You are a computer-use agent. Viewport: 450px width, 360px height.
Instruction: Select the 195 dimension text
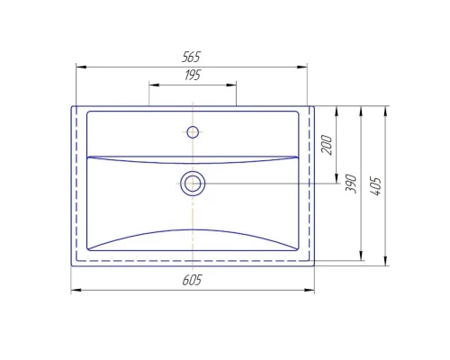tap(193, 76)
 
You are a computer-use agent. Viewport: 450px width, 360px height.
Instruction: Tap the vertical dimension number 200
tap(328, 144)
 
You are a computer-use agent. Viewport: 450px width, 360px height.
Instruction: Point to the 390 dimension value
tap(352, 184)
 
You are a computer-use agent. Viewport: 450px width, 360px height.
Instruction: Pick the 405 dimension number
tap(376, 186)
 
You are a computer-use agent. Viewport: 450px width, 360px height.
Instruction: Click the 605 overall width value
tap(192, 280)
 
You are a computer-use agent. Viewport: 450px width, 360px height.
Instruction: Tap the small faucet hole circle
tap(193, 132)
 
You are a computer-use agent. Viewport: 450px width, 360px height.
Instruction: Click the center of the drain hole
tap(193, 184)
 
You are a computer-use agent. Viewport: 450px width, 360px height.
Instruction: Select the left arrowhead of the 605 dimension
tap(76, 291)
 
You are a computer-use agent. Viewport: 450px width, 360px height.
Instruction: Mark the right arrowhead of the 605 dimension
tap(310, 291)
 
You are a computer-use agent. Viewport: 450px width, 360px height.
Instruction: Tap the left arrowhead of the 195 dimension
tap(153, 85)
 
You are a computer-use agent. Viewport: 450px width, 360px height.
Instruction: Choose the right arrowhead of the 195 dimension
tap(232, 85)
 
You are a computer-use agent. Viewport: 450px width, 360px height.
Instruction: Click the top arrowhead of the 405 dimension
tap(386, 110)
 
